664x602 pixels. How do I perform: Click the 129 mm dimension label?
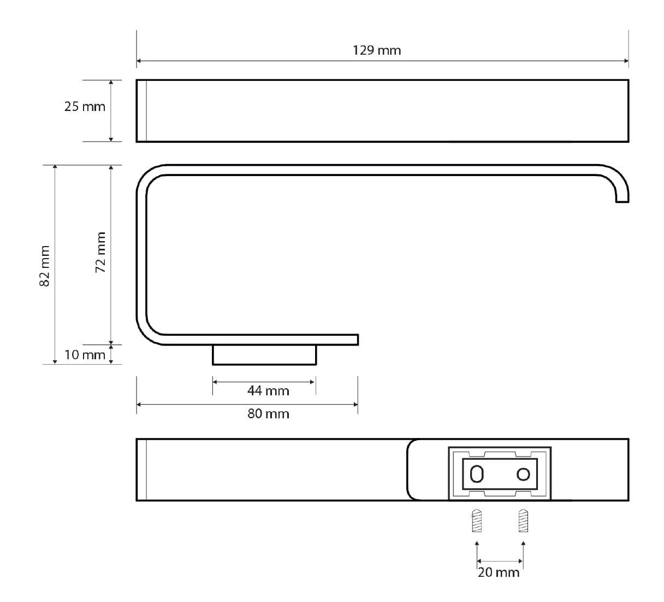click(x=377, y=50)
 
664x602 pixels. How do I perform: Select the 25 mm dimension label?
click(x=85, y=107)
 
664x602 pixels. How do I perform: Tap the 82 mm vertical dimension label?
click(x=44, y=266)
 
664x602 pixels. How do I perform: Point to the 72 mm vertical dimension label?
click(x=100, y=252)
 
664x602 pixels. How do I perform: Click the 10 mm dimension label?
click(x=85, y=355)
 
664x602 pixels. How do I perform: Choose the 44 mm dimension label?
click(x=268, y=391)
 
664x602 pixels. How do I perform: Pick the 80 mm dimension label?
click(x=268, y=414)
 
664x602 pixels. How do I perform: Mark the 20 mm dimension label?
click(x=499, y=572)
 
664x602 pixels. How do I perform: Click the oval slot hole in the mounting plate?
click(x=477, y=474)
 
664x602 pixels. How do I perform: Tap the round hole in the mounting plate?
click(x=523, y=474)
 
